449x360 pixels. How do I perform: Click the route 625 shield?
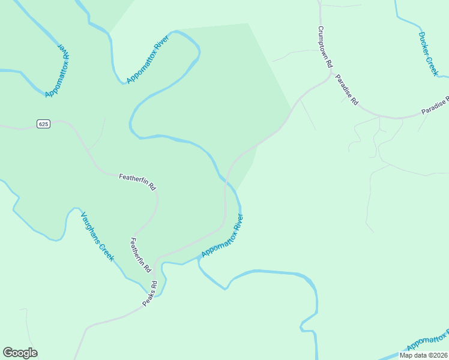click(x=43, y=124)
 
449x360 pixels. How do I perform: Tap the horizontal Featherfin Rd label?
click(x=137, y=181)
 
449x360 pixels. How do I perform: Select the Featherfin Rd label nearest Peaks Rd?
click(x=139, y=255)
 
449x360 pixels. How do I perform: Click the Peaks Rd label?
click(x=149, y=294)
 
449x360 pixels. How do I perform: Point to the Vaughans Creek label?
click(x=97, y=237)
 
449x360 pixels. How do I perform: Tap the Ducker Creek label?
click(x=429, y=53)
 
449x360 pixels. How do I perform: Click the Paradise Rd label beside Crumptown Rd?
click(x=347, y=90)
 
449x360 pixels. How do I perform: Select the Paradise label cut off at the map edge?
click(x=435, y=106)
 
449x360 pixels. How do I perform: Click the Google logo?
click(x=20, y=353)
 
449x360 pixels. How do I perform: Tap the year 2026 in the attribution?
click(x=439, y=355)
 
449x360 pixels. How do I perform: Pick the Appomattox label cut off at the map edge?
click(x=427, y=343)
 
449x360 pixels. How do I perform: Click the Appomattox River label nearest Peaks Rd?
click(x=222, y=236)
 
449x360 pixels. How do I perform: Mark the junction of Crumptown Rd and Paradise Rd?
click(x=330, y=74)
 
